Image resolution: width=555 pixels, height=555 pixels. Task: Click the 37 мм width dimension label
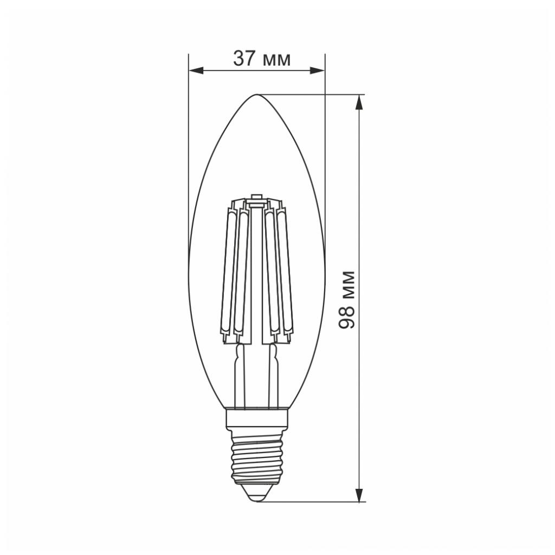(261, 59)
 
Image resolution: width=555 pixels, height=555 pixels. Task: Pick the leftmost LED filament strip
(225, 271)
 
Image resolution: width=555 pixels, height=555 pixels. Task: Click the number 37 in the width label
(244, 59)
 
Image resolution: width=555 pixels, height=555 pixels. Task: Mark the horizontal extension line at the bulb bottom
(314, 502)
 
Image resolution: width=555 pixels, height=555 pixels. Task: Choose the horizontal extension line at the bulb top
(314, 95)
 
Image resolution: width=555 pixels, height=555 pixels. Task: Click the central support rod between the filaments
(256, 271)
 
